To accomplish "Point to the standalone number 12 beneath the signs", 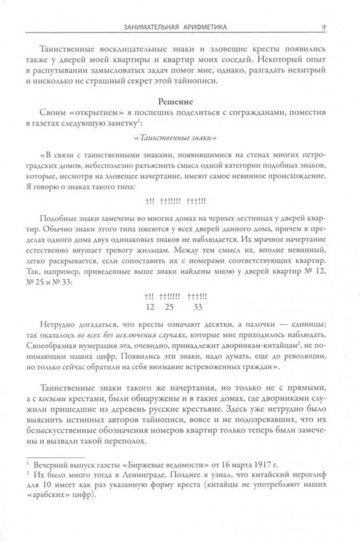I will point(150,307).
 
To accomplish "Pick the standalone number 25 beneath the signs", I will point(168,307).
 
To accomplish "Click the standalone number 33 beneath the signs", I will point(197,307).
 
